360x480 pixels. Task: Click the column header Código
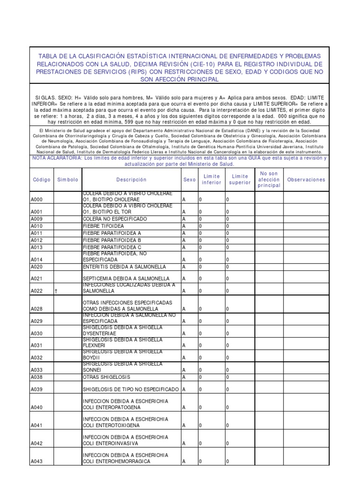(x=41, y=180)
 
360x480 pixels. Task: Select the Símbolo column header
(x=68, y=180)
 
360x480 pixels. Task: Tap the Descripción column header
(x=131, y=180)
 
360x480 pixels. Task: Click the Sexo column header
(x=189, y=180)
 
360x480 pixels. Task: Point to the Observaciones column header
(x=306, y=180)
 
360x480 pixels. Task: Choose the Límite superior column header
(x=240, y=180)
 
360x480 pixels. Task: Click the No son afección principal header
(x=269, y=180)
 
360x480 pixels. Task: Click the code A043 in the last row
(x=37, y=462)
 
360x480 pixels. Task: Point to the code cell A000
(x=37, y=200)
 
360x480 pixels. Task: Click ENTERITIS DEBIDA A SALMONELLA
(x=124, y=267)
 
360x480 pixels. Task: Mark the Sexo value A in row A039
(x=184, y=390)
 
